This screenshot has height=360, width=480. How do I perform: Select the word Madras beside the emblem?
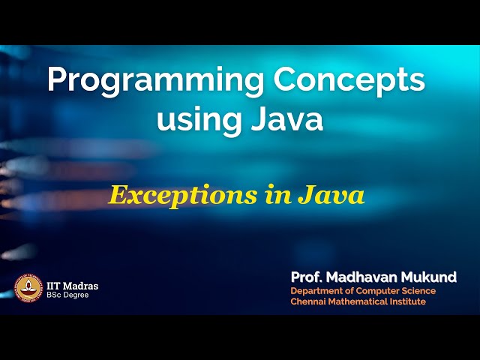(81, 286)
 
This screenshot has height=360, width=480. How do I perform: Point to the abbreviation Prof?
(307, 277)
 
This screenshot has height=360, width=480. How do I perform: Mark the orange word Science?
(418, 291)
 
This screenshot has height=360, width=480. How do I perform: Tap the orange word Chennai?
(309, 301)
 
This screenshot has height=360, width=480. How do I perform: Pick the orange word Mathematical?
(361, 301)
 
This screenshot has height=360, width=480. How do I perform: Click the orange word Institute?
(409, 301)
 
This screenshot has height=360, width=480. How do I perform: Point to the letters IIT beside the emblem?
(54, 286)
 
